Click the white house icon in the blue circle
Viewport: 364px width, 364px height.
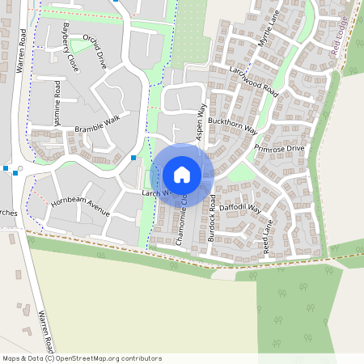point(182,174)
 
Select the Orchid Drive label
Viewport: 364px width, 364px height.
point(95,51)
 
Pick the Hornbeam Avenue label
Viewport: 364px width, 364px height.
point(79,206)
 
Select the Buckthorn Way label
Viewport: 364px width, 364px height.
point(232,125)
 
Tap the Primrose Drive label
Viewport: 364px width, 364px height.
point(279,150)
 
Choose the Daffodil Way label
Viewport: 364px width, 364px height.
point(242,207)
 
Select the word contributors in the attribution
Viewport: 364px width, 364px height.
point(140,358)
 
